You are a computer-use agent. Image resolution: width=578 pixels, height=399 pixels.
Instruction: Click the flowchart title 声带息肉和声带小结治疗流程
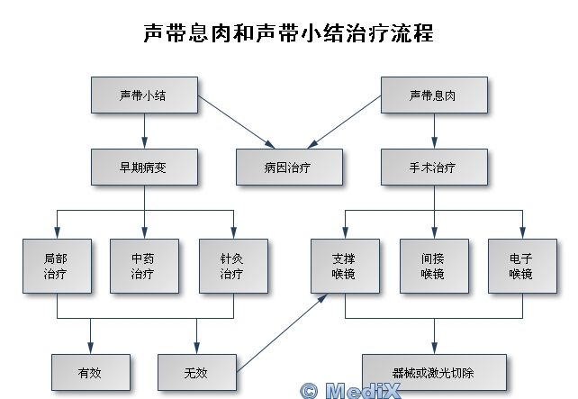click(288, 34)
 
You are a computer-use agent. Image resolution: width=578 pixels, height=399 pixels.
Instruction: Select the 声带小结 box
click(144, 95)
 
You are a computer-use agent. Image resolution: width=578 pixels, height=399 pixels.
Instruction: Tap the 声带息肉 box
click(434, 95)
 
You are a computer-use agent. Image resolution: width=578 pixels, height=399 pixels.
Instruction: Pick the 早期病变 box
click(144, 167)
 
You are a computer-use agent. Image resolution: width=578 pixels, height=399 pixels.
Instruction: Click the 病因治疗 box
click(290, 167)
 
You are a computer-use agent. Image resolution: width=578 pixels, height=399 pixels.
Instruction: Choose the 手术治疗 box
click(434, 167)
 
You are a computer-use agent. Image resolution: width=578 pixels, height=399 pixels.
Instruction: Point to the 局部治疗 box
click(56, 266)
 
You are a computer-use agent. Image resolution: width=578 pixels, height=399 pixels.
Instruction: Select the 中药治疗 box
click(144, 266)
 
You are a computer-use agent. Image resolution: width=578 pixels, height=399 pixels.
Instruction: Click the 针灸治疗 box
click(232, 266)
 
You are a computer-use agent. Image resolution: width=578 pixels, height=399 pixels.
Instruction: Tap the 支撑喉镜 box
click(346, 266)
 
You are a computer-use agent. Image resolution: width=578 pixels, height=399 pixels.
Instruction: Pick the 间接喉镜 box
click(434, 266)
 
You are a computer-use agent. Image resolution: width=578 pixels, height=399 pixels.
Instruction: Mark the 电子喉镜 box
click(522, 266)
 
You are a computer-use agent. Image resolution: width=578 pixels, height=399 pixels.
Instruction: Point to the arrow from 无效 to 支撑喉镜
click(281, 333)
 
